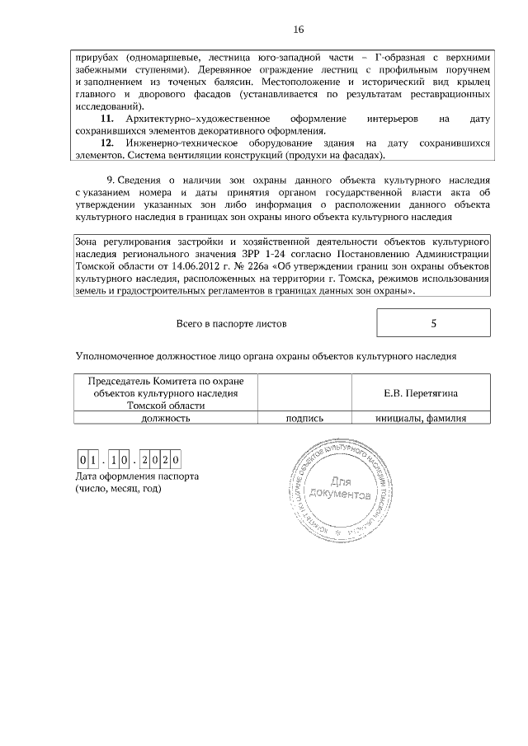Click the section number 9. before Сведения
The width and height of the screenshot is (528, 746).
point(111,180)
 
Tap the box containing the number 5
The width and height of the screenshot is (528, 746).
point(433,323)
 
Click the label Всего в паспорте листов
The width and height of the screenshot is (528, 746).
point(231,324)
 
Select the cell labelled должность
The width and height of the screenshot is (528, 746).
point(166,418)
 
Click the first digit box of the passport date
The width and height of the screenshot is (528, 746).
point(82,460)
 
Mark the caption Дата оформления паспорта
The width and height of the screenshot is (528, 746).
point(137,476)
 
